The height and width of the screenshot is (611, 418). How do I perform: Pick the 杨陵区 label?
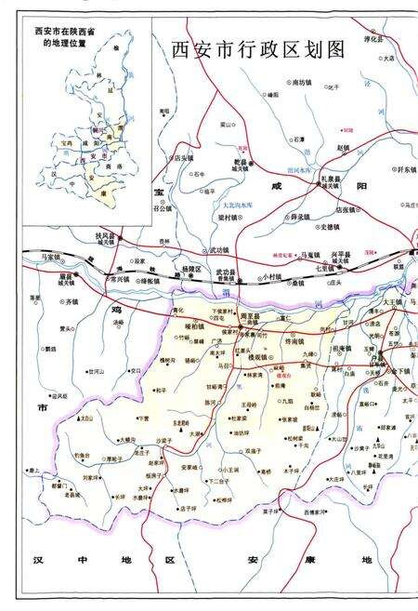tap(189, 268)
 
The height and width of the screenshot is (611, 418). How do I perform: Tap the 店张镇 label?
tap(346, 209)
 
